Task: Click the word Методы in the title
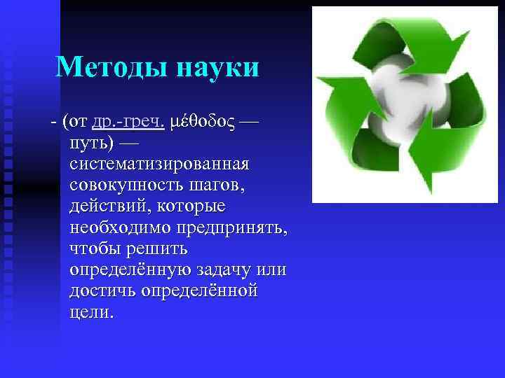109,68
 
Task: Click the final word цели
90,311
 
